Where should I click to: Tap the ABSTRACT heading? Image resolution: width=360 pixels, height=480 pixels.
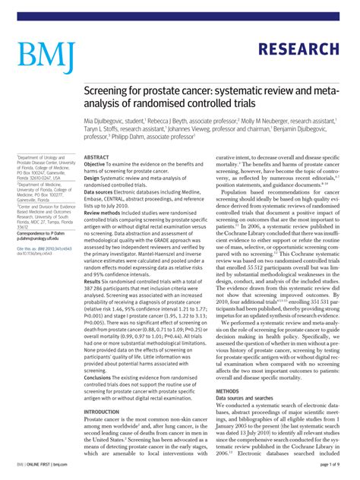(96, 157)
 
